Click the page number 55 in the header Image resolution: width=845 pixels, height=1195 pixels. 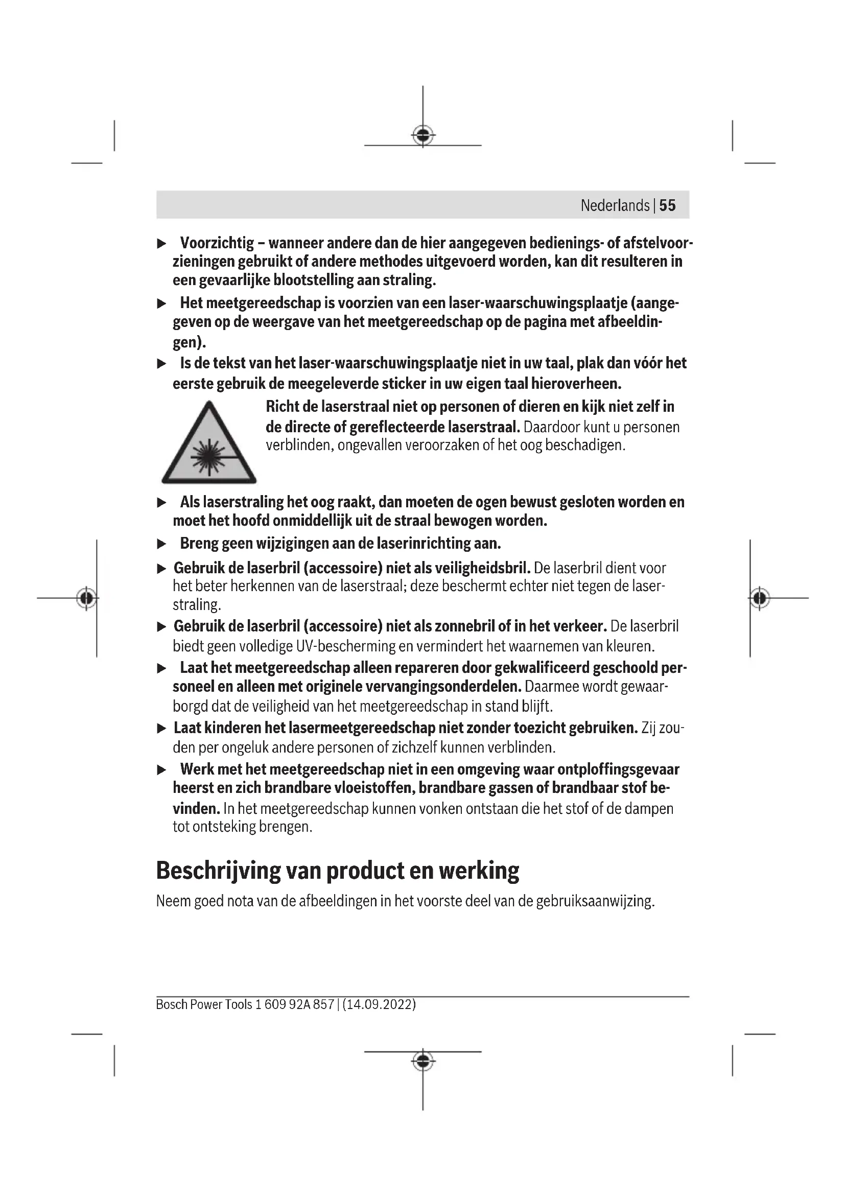point(667,205)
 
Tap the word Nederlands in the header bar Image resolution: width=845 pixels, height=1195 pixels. point(615,205)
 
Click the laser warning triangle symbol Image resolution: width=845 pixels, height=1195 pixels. point(208,443)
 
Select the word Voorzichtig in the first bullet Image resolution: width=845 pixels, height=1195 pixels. point(217,243)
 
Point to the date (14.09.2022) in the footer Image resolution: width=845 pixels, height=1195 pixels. point(379,1004)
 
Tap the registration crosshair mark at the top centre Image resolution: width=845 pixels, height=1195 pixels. point(423,135)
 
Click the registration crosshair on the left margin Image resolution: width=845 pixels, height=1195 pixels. point(86,598)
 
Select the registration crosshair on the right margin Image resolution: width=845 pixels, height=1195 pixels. point(760,598)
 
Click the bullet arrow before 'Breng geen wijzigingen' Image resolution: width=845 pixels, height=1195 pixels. point(162,545)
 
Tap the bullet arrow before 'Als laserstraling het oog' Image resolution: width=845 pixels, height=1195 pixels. point(162,503)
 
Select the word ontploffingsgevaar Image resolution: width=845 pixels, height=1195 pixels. point(618,769)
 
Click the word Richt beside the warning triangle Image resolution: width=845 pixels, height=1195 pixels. point(285,407)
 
